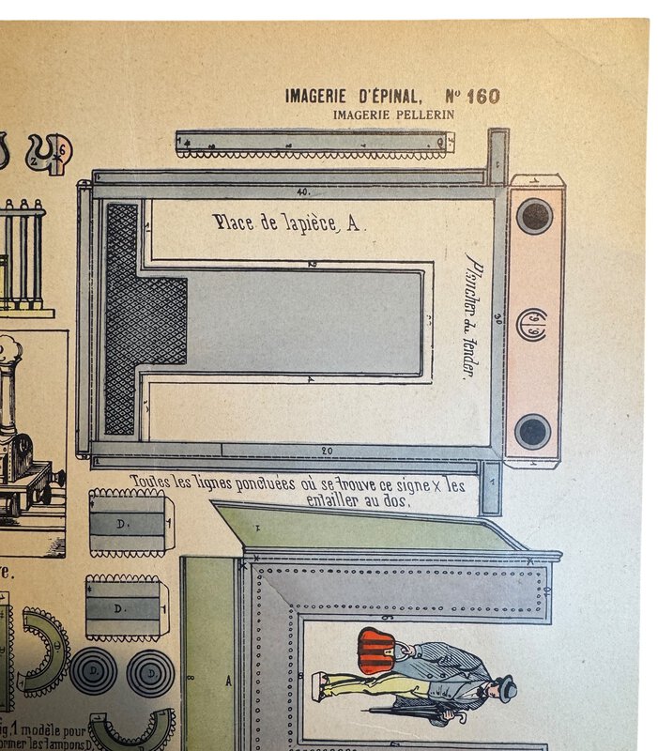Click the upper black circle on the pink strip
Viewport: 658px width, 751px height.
pyautogui.click(x=534, y=216)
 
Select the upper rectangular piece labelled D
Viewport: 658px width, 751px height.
pyautogui.click(x=127, y=522)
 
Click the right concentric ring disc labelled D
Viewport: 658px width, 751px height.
pyautogui.click(x=150, y=672)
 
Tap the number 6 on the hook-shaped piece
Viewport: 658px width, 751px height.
pyautogui.click(x=63, y=150)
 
